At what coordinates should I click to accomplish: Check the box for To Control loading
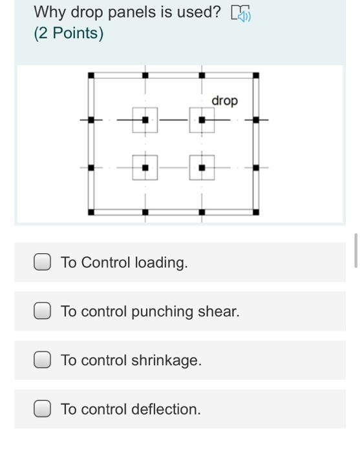[x=43, y=263]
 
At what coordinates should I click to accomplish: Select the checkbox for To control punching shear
[x=43, y=312]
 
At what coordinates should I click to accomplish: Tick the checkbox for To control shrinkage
[x=43, y=360]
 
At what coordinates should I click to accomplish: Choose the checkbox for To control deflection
[x=43, y=409]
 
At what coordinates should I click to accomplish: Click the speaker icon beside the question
[x=241, y=12]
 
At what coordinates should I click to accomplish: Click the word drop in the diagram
[x=225, y=101]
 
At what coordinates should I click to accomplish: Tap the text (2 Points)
[x=69, y=34]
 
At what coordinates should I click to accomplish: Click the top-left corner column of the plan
[x=91, y=76]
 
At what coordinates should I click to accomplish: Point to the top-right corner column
[x=256, y=76]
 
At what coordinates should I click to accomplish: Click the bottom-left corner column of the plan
[x=91, y=211]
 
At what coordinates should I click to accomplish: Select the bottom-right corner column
[x=256, y=211]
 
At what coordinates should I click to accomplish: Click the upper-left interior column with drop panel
[x=145, y=120]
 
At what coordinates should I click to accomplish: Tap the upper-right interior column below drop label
[x=202, y=120]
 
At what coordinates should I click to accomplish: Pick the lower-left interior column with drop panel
[x=145, y=168]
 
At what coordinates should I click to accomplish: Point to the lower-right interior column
[x=202, y=168]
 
